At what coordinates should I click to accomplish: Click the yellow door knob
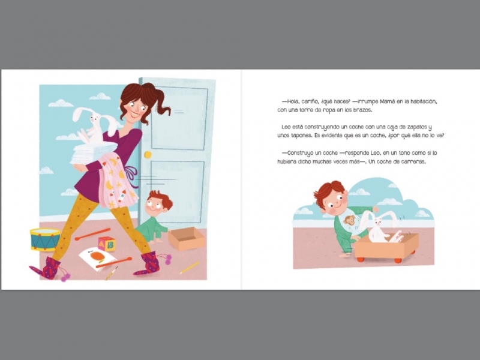[148, 155]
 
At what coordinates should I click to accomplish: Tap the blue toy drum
[44, 239]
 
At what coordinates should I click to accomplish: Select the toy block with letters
[107, 244]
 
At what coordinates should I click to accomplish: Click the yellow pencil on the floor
[189, 268]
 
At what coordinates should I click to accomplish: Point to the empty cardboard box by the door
[186, 238]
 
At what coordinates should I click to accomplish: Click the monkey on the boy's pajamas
[349, 220]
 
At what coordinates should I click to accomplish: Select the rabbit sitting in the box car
[383, 228]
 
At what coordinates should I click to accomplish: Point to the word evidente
[331, 136]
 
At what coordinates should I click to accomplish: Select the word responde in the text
[356, 153]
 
